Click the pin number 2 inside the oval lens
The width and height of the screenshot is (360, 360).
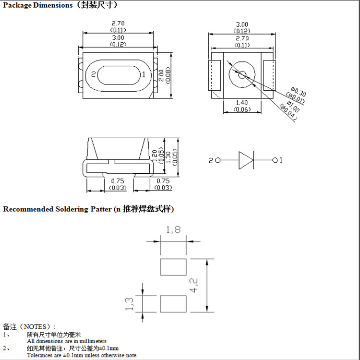(94, 74)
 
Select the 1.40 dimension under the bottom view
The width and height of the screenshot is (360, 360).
(242, 103)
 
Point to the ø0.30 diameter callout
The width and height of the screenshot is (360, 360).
(299, 91)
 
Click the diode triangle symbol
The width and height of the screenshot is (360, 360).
(246, 160)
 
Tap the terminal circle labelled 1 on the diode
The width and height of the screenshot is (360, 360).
(275, 160)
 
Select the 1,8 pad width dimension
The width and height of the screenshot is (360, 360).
(173, 230)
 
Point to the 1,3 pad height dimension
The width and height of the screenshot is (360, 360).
(129, 304)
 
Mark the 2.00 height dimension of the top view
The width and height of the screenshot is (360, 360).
(161, 74)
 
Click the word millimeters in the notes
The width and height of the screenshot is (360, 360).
(91, 341)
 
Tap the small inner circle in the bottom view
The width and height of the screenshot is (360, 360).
(242, 74)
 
